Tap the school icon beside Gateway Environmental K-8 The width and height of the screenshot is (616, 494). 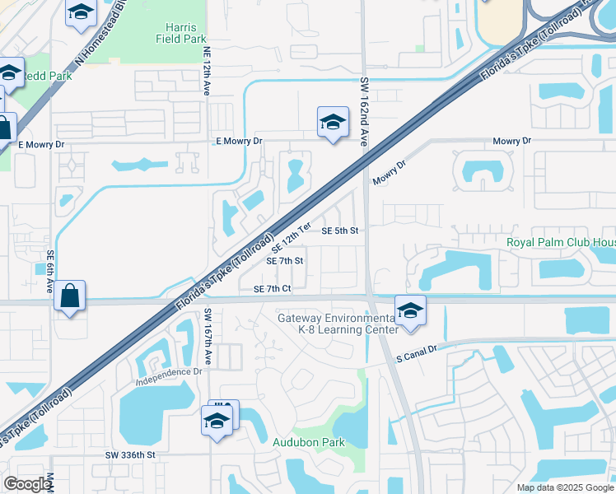pyautogui.click(x=409, y=311)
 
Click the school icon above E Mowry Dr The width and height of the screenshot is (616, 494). pyautogui.click(x=332, y=123)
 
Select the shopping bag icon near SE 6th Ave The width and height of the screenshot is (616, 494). pyautogui.click(x=70, y=296)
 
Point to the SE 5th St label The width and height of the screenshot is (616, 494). pyautogui.click(x=340, y=231)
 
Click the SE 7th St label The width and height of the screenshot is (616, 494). pyautogui.click(x=285, y=261)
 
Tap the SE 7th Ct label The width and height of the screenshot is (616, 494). pyautogui.click(x=273, y=289)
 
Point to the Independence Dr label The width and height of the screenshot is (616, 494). pyautogui.click(x=169, y=372)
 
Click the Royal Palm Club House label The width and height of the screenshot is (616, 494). pyautogui.click(x=560, y=243)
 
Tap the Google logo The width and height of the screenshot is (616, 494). pyautogui.click(x=27, y=484)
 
